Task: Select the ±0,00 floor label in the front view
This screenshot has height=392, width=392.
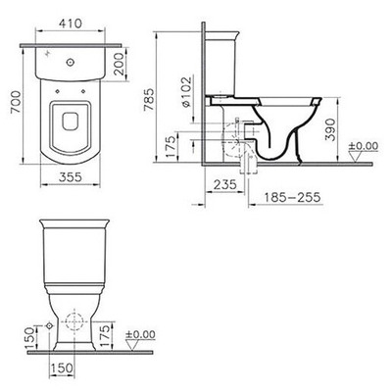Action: point(142,334)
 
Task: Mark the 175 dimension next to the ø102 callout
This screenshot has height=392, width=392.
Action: point(172,148)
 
